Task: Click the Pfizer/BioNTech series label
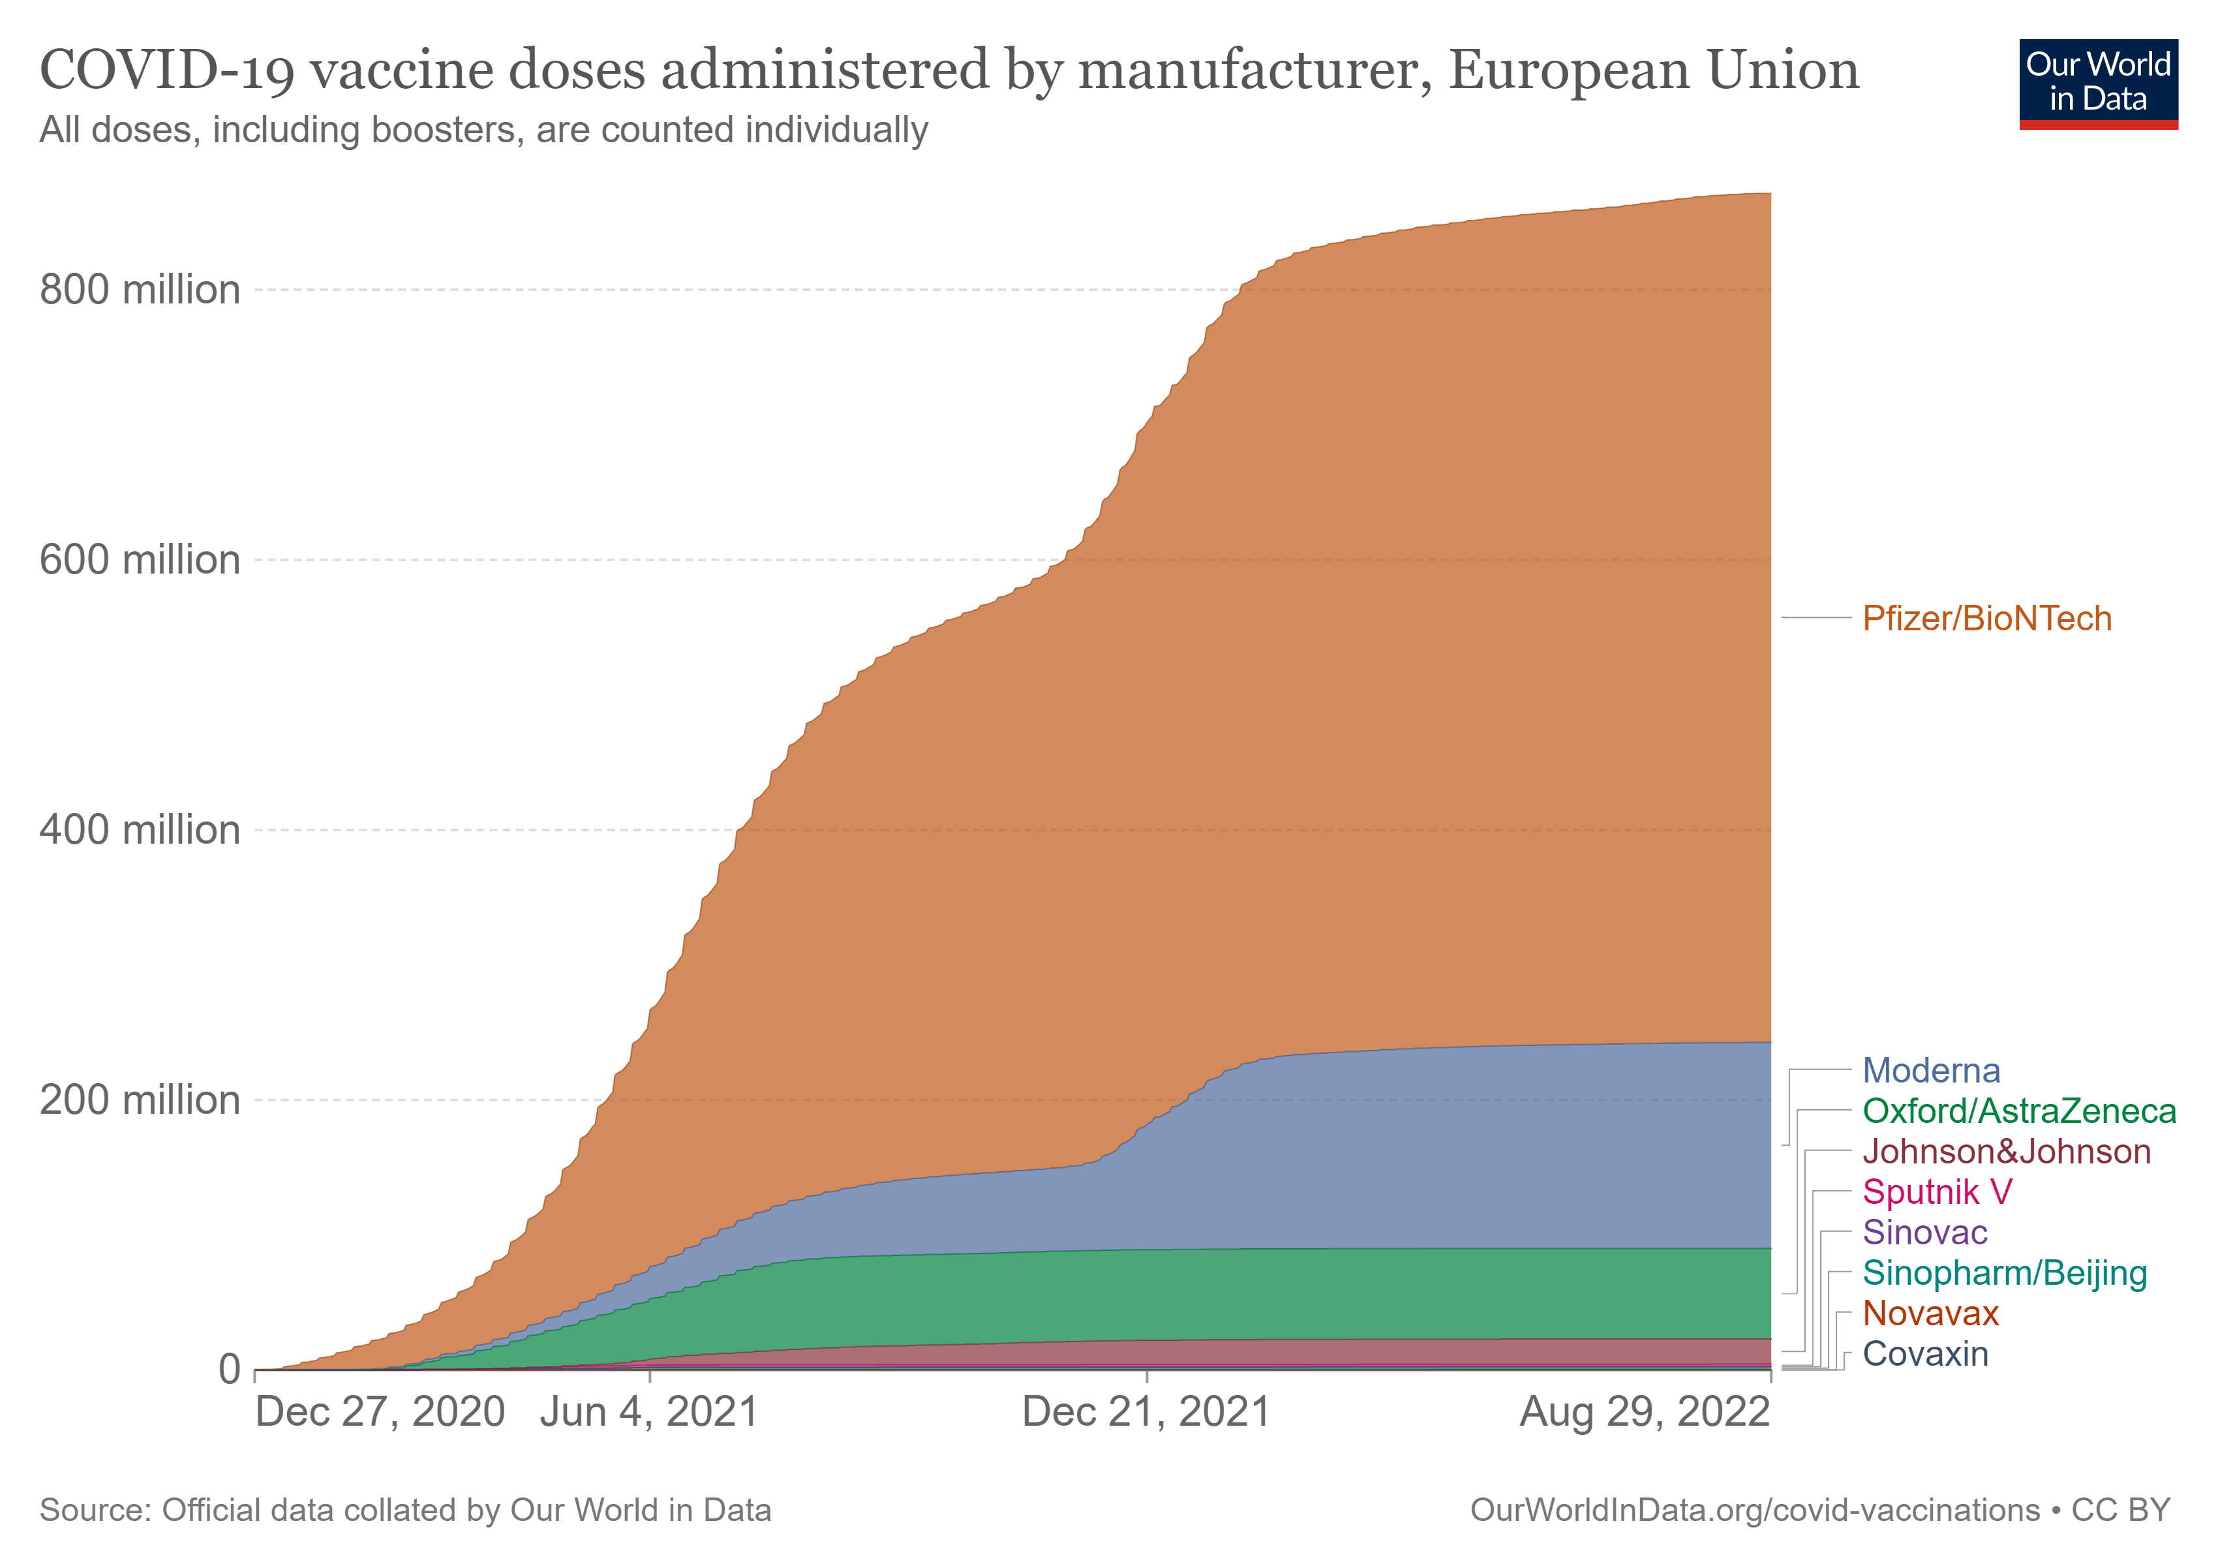click(1986, 619)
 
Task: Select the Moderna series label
click(1930, 1070)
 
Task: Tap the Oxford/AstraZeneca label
click(2019, 1111)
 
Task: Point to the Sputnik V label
click(1937, 1192)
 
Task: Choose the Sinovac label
click(1924, 1233)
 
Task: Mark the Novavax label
click(1930, 1314)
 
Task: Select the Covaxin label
click(1924, 1355)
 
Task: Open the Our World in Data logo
click(2098, 84)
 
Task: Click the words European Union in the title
click(1653, 70)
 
